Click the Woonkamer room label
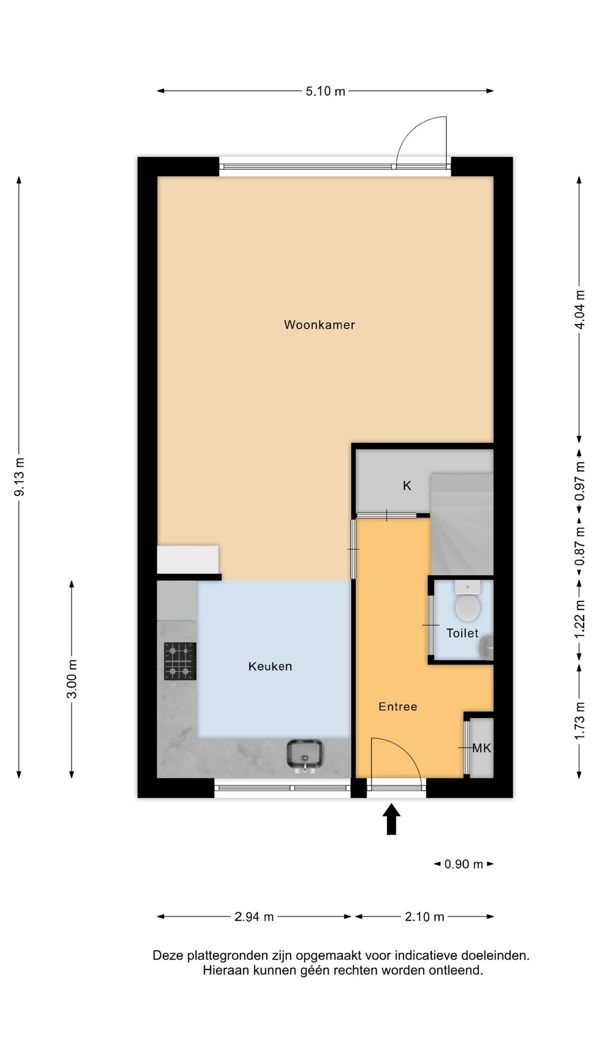point(319,325)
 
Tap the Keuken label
point(270,667)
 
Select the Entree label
point(398,706)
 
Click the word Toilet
point(462,633)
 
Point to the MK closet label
point(482,749)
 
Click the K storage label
point(407,486)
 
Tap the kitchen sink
point(305,755)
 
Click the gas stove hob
point(181,661)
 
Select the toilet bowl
point(467,600)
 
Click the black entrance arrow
point(391,819)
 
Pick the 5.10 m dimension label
point(326,91)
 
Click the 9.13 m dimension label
point(20,477)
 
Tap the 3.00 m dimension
point(73,679)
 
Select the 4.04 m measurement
point(580,310)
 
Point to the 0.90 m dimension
point(464,864)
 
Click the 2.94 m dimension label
point(254,917)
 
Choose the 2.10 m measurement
point(425,917)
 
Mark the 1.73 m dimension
point(580,721)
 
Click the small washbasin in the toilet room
point(487,648)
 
